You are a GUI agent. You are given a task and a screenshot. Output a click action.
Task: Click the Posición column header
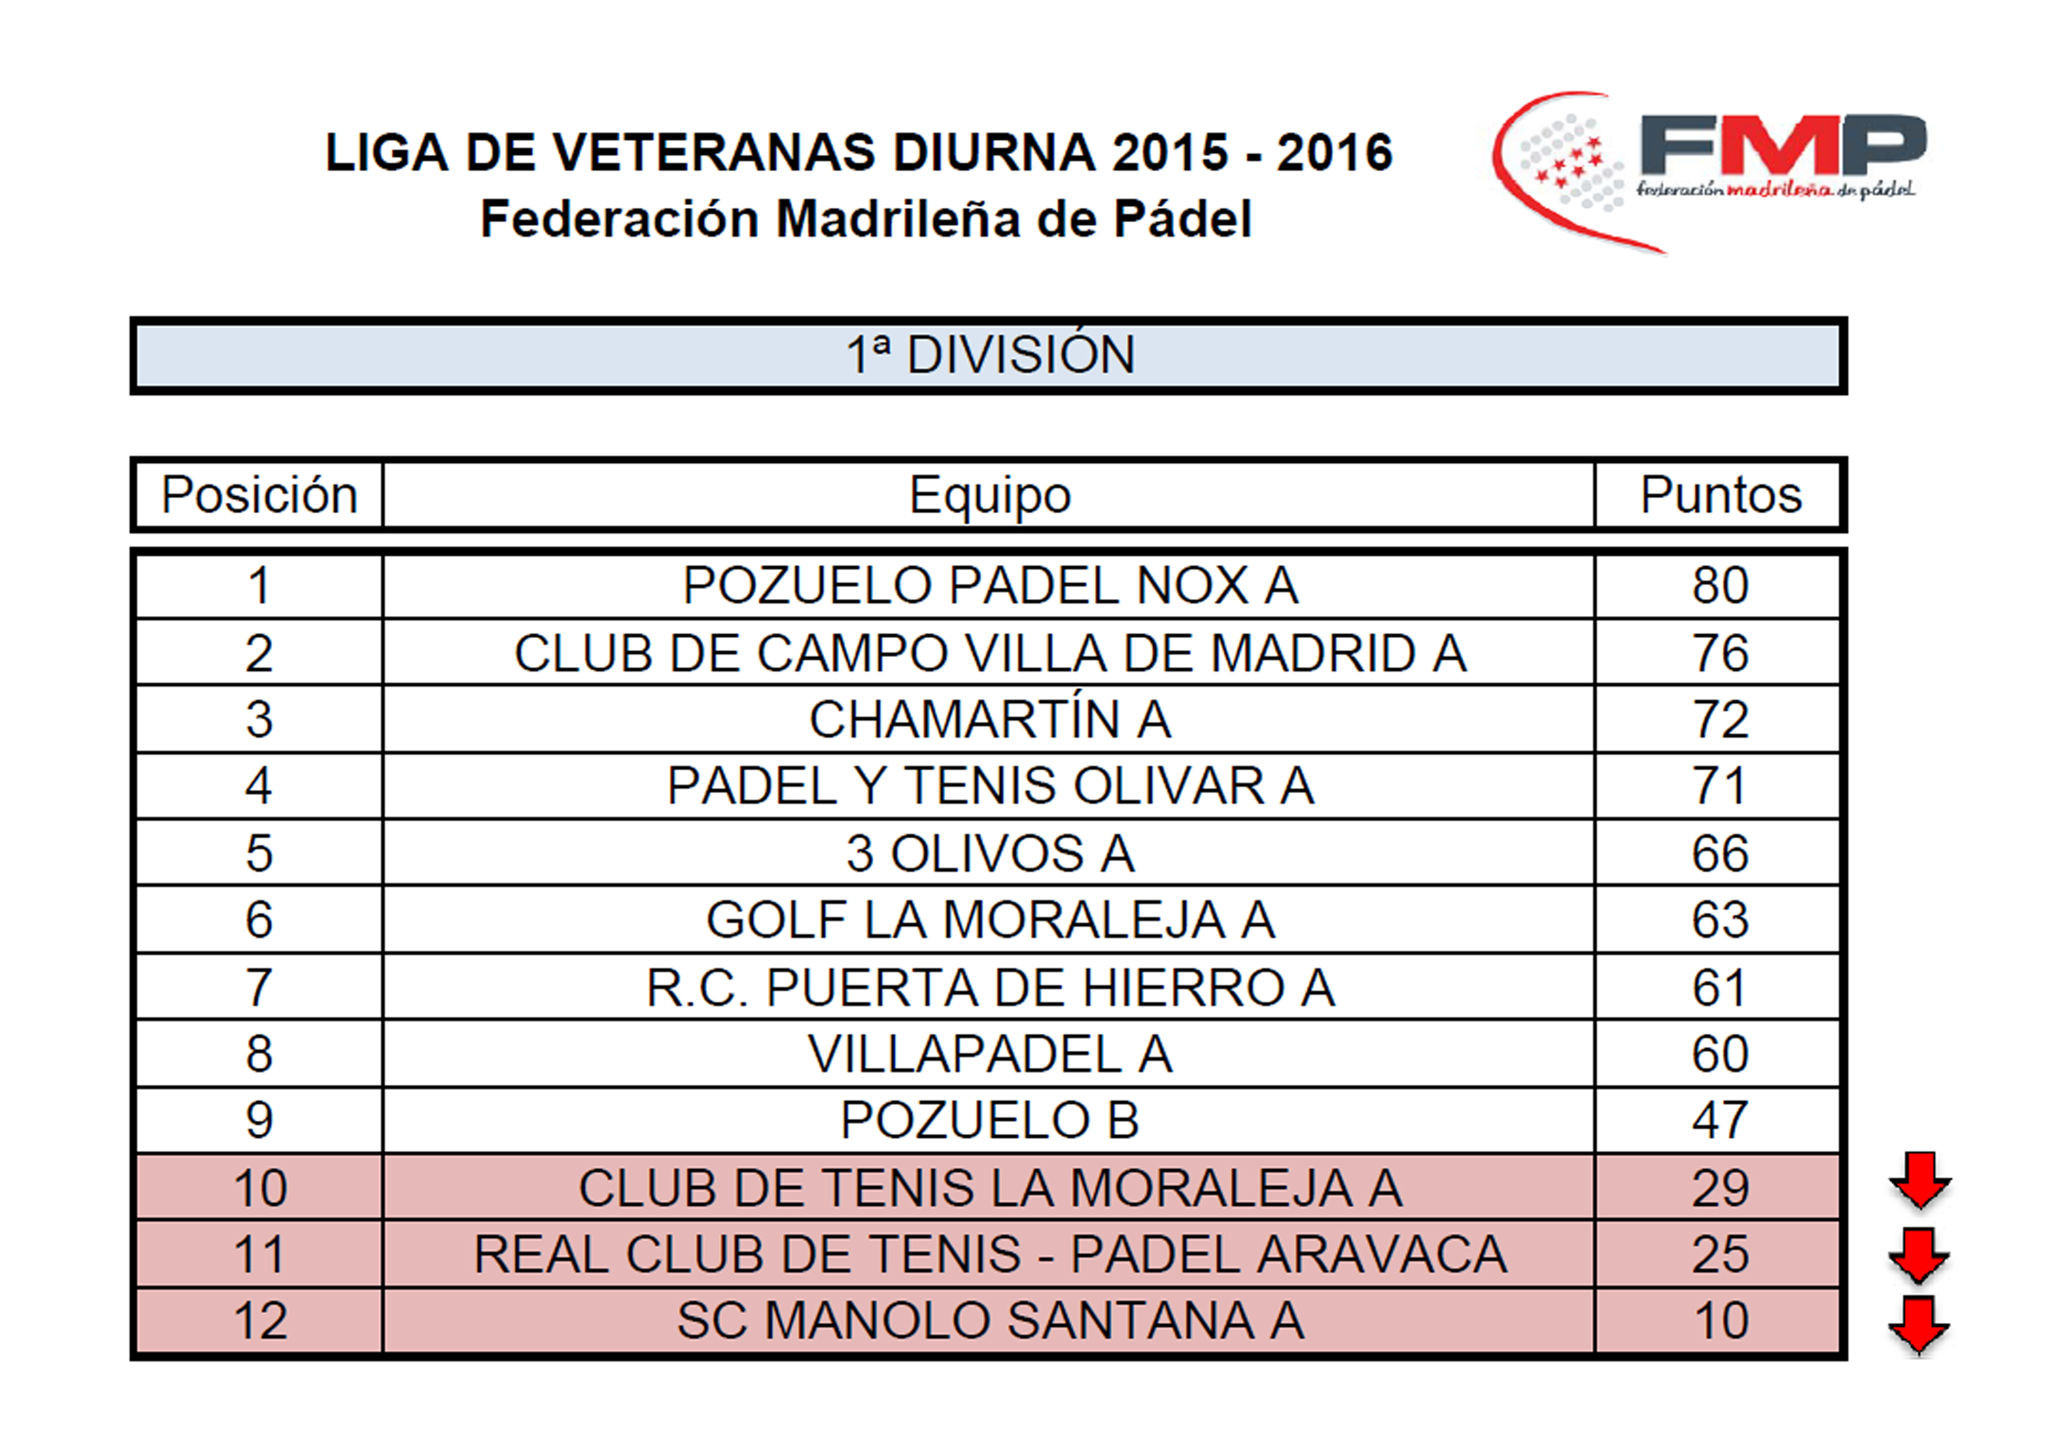pyautogui.click(x=259, y=495)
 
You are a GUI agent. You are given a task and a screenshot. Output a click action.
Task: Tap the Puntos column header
pyautogui.click(x=1720, y=495)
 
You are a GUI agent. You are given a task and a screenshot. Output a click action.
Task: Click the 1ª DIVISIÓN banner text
pyautogui.click(x=991, y=355)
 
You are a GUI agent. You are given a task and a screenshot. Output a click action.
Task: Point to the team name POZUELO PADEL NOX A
pyautogui.click(x=990, y=586)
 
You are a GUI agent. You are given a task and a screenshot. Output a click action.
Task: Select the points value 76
pyautogui.click(x=1720, y=652)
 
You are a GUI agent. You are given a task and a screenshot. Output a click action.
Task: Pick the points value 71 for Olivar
pyautogui.click(x=1720, y=786)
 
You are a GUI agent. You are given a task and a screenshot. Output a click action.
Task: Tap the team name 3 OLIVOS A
pyautogui.click(x=990, y=852)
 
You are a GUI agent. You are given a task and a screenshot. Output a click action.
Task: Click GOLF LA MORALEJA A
pyautogui.click(x=990, y=920)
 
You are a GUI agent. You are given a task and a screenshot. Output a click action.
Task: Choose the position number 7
pyautogui.click(x=259, y=987)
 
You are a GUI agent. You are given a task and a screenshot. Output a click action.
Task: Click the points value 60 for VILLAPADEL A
pyautogui.click(x=1720, y=1053)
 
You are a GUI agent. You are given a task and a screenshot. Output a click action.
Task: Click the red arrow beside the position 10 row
pyautogui.click(x=1920, y=1182)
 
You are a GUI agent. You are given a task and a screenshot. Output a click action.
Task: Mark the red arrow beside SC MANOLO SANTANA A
pyautogui.click(x=1919, y=1325)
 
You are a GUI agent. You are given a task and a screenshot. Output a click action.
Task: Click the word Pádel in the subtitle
pyautogui.click(x=1182, y=219)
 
